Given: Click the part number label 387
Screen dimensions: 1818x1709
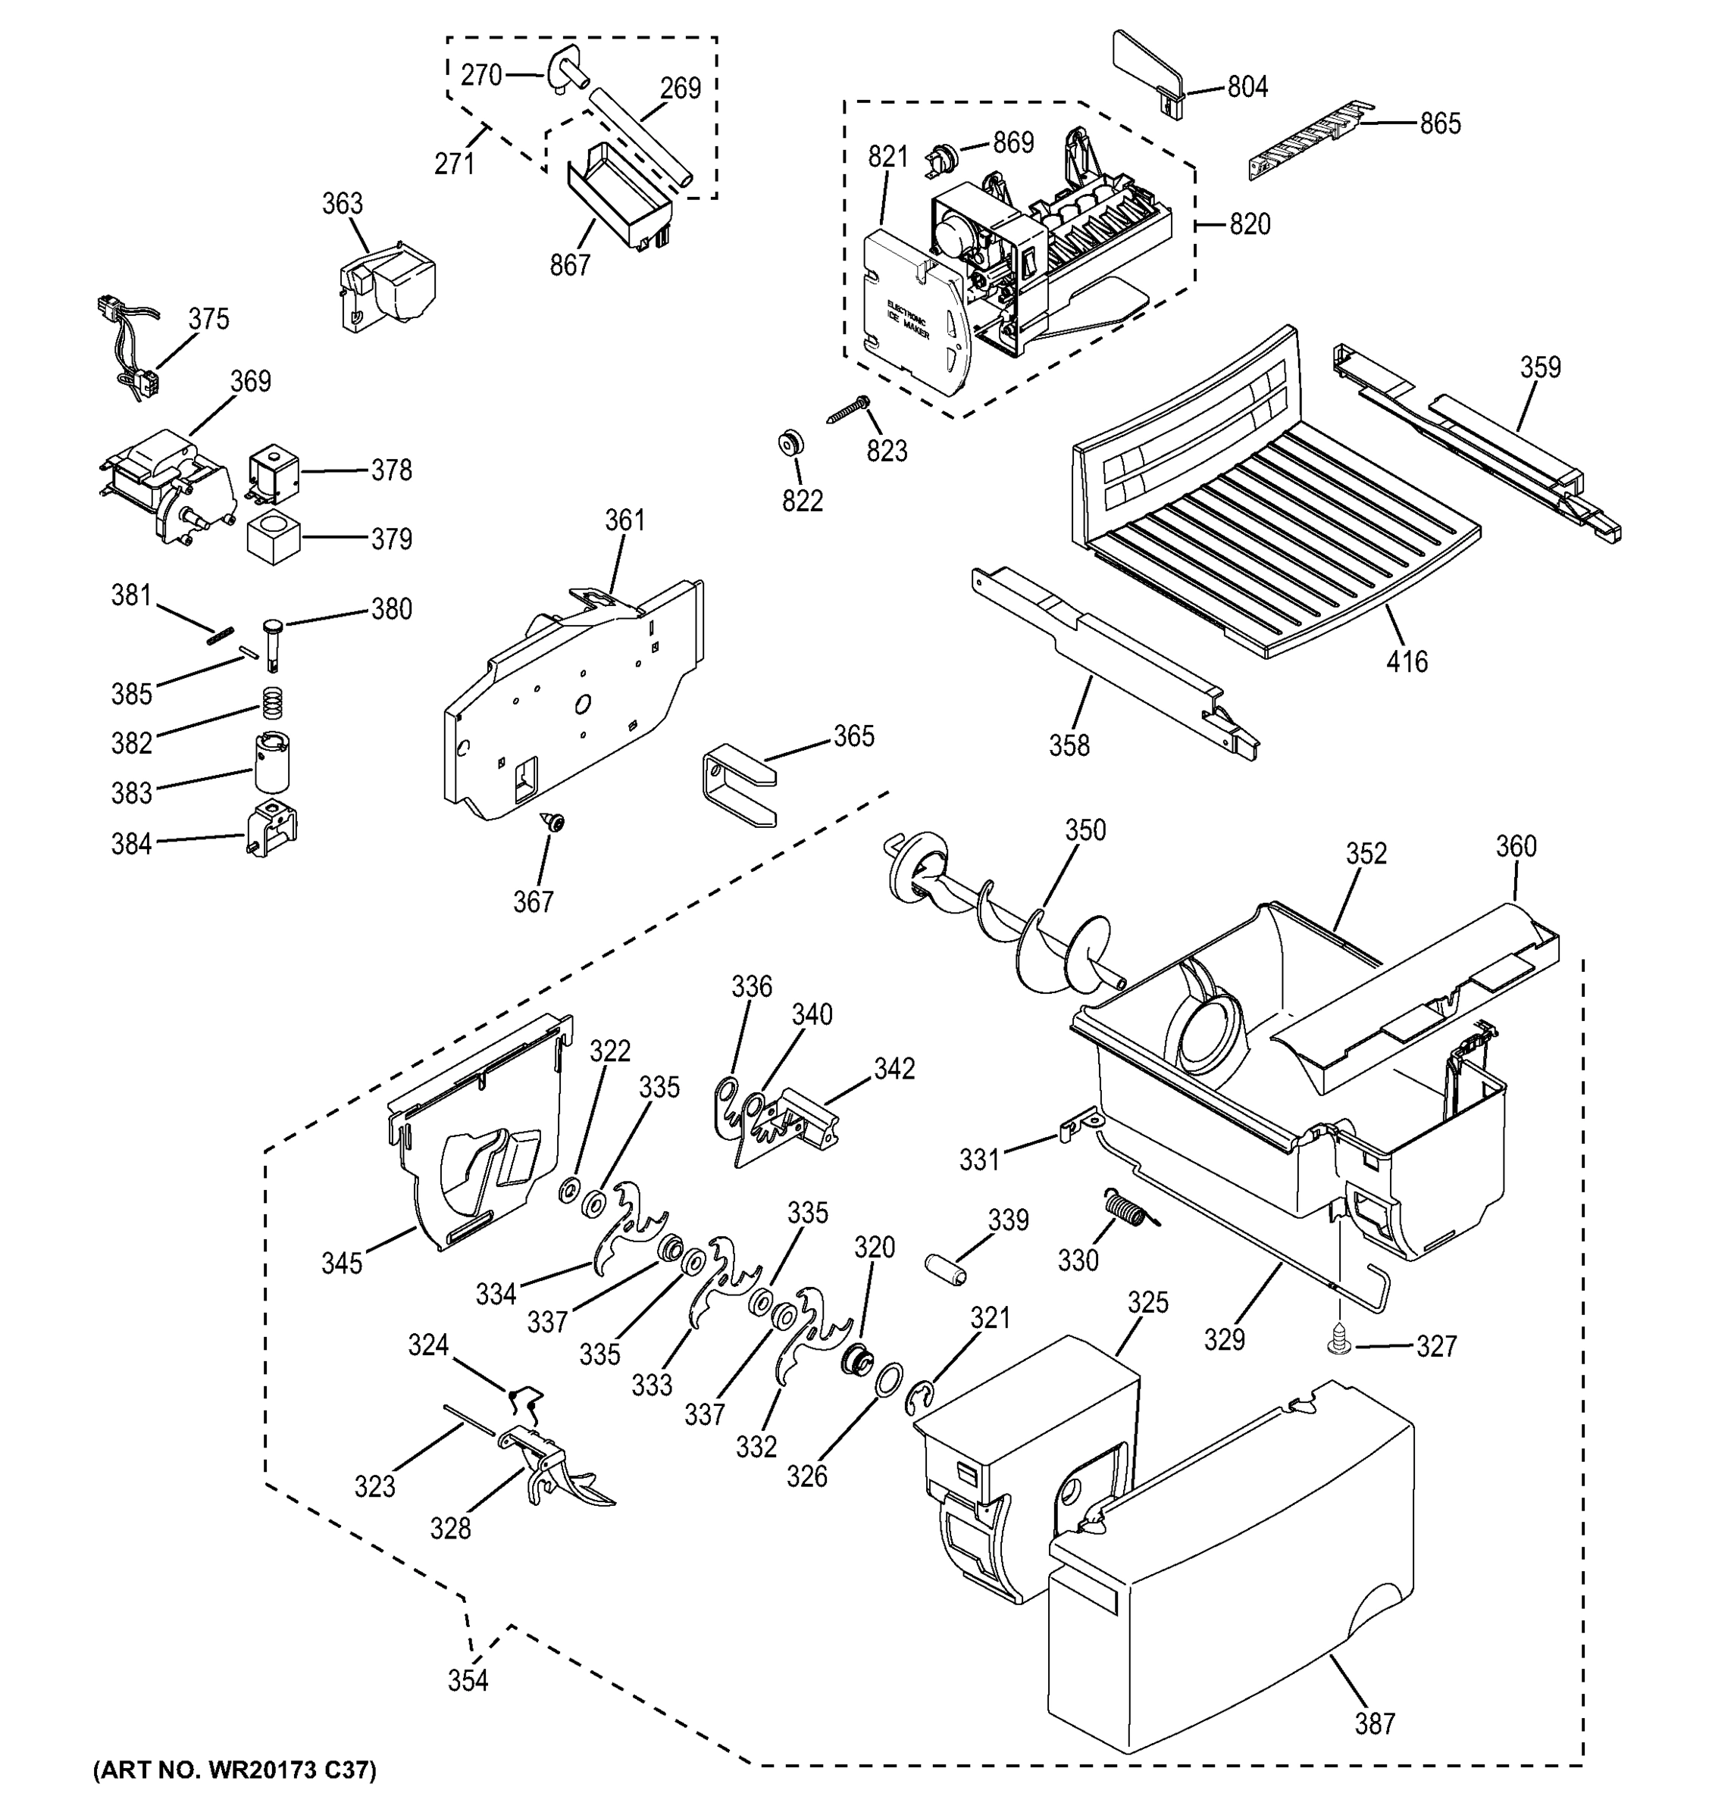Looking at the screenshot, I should [1374, 1724].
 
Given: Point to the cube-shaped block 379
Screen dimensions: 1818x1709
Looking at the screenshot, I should [274, 538].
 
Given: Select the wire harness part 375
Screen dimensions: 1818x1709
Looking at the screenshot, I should [128, 348].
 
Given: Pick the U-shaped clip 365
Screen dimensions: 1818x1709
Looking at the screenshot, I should [737, 785].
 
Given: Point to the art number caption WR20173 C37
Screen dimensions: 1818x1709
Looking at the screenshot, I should [234, 1771].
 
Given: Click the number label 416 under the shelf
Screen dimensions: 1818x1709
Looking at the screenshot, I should [1406, 661].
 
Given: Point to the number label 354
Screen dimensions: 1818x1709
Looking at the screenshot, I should [468, 1680].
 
